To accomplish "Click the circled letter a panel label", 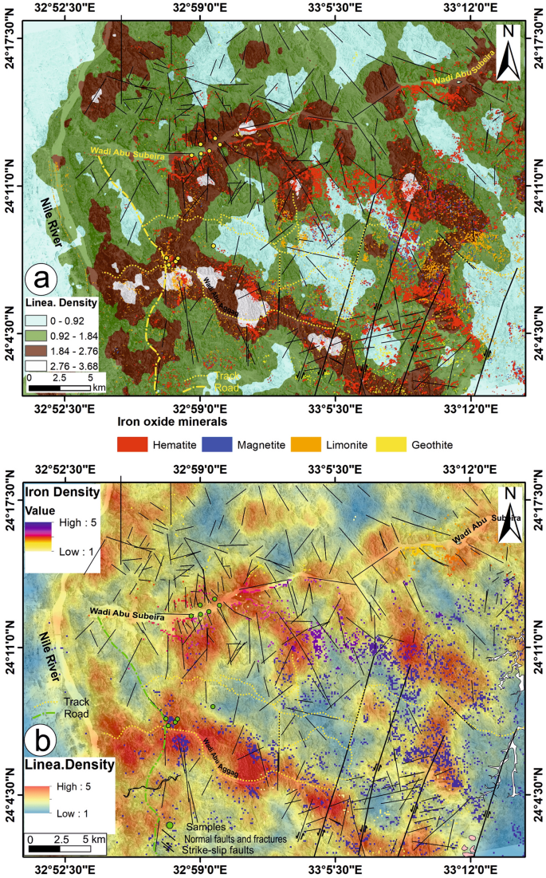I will (41, 279).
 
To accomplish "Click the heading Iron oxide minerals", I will (173, 419).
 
